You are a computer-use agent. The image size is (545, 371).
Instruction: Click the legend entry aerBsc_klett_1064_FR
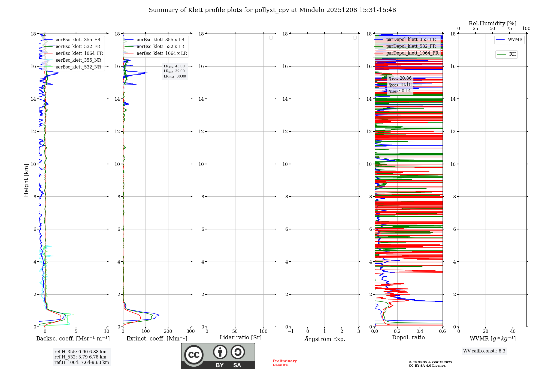click(79, 53)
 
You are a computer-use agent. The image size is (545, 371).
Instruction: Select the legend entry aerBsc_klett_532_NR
click(78, 67)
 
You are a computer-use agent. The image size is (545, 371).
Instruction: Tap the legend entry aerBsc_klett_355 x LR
click(161, 40)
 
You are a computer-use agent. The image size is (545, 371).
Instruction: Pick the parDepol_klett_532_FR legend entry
click(411, 46)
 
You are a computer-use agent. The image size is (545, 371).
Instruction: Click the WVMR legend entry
click(515, 40)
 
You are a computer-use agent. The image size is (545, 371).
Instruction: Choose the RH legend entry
click(512, 54)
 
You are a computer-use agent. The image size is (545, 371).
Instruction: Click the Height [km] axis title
click(26, 180)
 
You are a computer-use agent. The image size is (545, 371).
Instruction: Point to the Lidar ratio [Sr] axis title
click(241, 338)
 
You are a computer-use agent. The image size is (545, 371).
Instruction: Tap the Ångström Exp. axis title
click(325, 339)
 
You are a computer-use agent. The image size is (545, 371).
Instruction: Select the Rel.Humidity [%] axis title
click(492, 23)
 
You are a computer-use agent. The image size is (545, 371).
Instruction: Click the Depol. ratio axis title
click(408, 338)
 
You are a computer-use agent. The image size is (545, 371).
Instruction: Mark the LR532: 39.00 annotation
click(174, 71)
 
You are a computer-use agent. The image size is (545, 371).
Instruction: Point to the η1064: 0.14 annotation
click(400, 91)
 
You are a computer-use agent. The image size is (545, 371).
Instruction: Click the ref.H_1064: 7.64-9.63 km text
click(82, 363)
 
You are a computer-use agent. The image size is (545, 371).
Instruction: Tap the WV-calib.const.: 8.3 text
click(484, 351)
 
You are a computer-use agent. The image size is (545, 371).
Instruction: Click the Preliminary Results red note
click(284, 363)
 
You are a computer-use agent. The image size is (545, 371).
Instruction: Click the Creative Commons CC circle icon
click(194, 355)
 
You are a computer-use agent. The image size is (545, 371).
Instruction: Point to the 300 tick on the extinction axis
click(191, 331)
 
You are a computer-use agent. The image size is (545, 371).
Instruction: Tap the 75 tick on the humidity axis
click(509, 29)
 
